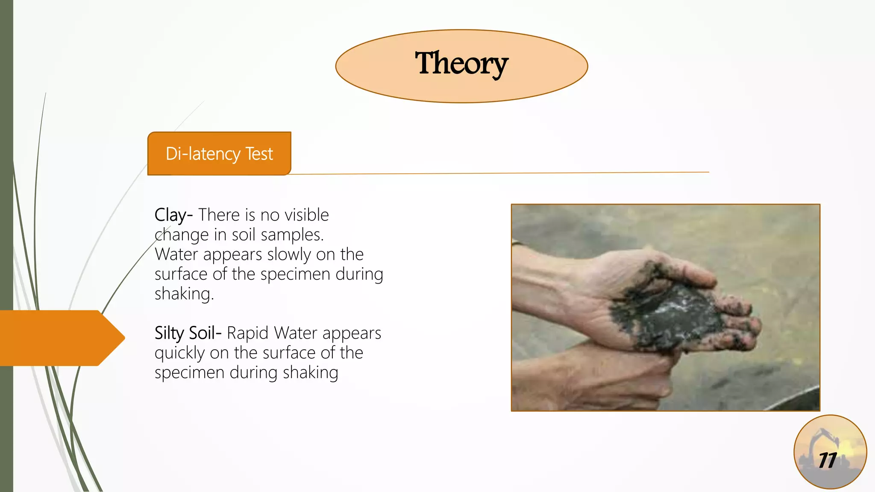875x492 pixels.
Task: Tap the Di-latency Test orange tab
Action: coord(219,154)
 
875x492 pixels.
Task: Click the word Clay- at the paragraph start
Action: coord(173,215)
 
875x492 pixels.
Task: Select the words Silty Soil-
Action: coord(188,333)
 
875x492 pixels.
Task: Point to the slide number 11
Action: coord(828,460)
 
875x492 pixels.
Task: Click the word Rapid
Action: coord(247,333)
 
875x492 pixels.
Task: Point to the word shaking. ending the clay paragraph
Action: coord(184,294)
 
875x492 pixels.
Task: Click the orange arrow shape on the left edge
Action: coord(60,338)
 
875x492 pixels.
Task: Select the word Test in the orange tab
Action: coord(259,154)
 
